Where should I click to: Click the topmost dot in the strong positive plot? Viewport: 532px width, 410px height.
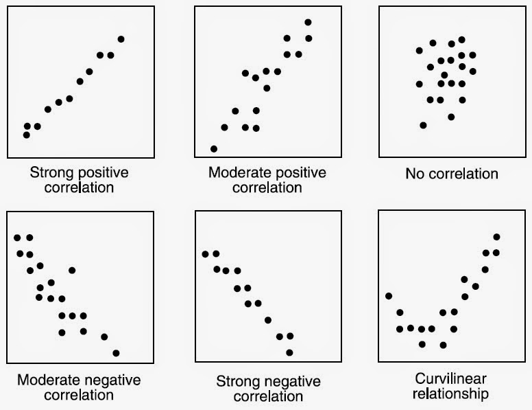pyautogui.click(x=121, y=39)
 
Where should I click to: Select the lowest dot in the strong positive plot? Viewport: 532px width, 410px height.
pyautogui.click(x=27, y=135)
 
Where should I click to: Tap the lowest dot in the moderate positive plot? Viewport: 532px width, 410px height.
pyautogui.click(x=214, y=148)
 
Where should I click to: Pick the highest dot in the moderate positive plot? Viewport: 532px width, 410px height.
pyautogui.click(x=308, y=23)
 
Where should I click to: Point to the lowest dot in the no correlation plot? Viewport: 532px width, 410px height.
pyautogui.click(x=423, y=125)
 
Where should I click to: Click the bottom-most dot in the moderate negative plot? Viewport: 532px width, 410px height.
pyautogui.click(x=116, y=353)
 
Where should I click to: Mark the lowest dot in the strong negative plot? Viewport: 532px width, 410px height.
pyautogui.click(x=289, y=352)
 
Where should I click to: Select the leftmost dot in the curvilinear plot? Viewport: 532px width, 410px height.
pyautogui.click(x=389, y=296)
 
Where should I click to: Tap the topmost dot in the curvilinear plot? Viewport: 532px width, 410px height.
pyautogui.click(x=496, y=237)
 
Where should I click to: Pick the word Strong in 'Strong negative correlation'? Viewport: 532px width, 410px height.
pyautogui.click(x=237, y=381)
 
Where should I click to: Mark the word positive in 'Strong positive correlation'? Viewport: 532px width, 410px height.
pyautogui.click(x=101, y=172)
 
